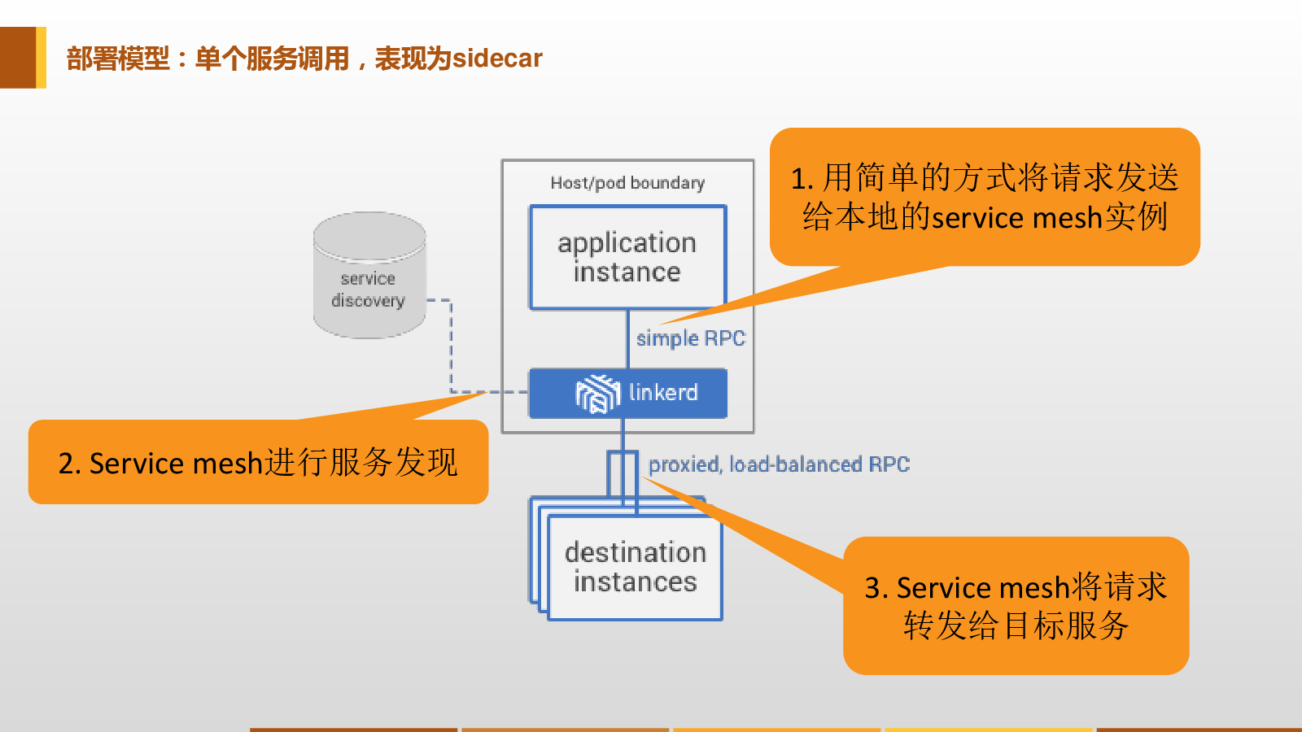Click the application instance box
[627, 257]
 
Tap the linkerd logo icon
[597, 394]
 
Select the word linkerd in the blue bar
[663, 393]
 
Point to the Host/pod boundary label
[627, 183]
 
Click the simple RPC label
[690, 338]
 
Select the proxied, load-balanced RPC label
[779, 464]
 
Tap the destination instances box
[635, 567]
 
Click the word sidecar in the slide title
[497, 59]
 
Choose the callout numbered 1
[985, 198]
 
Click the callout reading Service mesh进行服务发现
[258, 462]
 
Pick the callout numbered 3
[1016, 606]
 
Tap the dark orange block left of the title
[18, 58]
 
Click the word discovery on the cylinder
[368, 301]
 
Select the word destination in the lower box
[635, 552]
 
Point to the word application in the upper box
[627, 243]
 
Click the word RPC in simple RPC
[724, 338]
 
